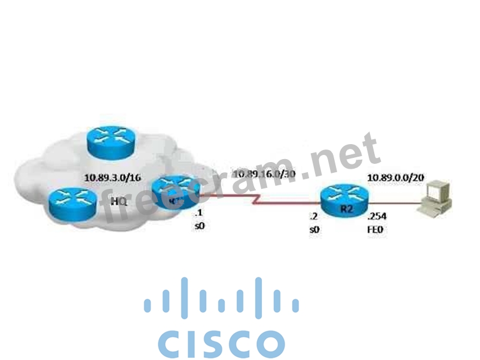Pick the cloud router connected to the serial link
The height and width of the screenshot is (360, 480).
[174, 193]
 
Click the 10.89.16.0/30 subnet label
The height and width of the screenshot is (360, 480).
[264, 174]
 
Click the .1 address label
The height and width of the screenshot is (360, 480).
[200, 214]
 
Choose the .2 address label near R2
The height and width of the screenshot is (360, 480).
[312, 216]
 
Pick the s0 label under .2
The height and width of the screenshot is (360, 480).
[313, 230]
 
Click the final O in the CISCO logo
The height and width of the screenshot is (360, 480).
[267, 343]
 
